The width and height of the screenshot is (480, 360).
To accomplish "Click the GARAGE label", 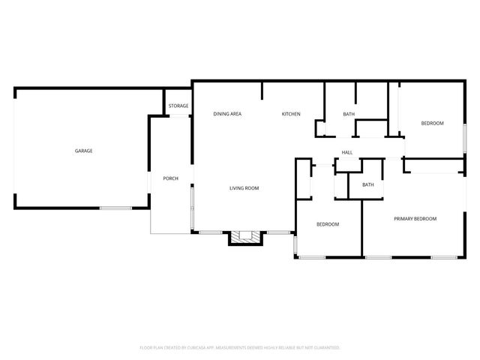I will (x=83, y=151).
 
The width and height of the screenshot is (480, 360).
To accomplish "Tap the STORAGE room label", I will (x=178, y=106).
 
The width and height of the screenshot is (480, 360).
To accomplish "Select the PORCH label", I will (x=170, y=178).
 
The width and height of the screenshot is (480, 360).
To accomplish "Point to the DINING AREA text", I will (x=227, y=114).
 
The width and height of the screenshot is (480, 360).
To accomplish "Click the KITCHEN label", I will (x=291, y=114).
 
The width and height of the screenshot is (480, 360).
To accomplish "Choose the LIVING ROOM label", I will (x=244, y=188).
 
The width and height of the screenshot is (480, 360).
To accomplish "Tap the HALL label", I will (x=347, y=152).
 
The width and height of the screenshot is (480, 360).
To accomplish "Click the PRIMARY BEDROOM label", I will (x=415, y=219).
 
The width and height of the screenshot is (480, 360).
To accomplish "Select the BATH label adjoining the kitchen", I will (x=349, y=114).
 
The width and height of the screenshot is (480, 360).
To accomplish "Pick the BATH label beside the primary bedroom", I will (x=367, y=184).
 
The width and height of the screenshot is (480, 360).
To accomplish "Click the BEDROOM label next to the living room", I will (x=328, y=224).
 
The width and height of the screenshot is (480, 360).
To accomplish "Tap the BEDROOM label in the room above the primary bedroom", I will (x=432, y=123).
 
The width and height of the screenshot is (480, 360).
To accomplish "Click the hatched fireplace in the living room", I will (x=245, y=238).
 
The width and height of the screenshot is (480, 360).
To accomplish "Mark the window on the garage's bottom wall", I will (x=116, y=208).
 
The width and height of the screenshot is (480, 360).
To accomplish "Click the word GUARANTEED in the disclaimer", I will (x=324, y=348).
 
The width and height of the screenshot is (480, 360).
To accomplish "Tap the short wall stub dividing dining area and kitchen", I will (x=262, y=91).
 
